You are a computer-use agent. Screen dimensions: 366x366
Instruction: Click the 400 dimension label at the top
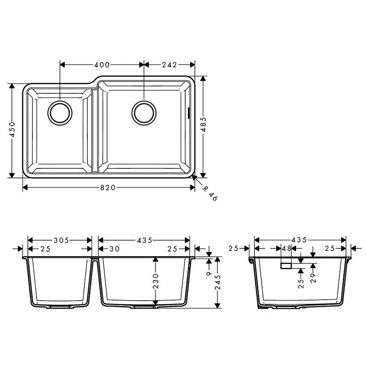[102, 65]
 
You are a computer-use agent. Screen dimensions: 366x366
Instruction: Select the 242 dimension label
[169, 65]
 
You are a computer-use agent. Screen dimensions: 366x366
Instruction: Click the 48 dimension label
[287, 248]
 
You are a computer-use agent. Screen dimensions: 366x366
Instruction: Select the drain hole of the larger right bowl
[144, 112]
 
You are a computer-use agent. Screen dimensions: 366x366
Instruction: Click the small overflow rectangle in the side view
[286, 265]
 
